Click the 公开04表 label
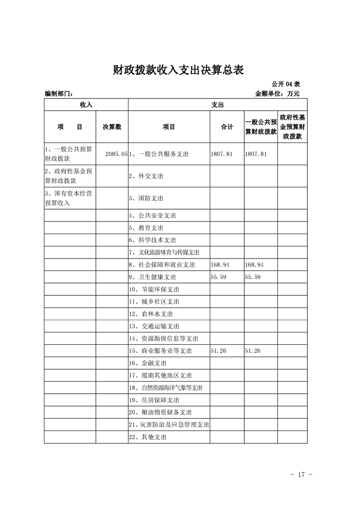point(286,84)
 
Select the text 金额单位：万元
point(277,94)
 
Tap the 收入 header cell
point(86,104)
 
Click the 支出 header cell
point(217,104)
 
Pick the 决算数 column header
point(112,127)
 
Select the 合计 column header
point(227,127)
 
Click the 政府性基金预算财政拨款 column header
point(292,127)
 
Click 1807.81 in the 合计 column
point(222,154)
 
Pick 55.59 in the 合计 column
point(218,277)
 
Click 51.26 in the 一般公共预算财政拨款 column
point(252,351)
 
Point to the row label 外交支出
point(146,176)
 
